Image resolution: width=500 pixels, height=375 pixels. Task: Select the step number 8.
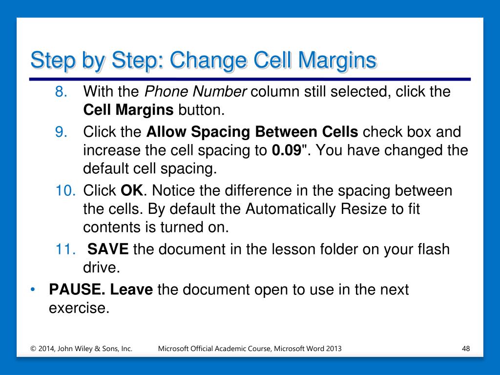click(61, 92)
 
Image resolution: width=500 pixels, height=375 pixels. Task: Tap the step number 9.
click(61, 132)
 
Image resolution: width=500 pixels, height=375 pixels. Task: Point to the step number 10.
click(65, 191)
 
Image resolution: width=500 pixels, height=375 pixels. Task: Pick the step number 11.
click(65, 250)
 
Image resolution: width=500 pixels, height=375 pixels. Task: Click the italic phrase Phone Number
click(195, 92)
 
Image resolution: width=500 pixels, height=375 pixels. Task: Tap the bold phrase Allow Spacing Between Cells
click(252, 132)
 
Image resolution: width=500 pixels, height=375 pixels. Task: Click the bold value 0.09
click(287, 150)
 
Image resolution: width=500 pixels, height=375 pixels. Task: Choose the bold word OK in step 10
click(132, 191)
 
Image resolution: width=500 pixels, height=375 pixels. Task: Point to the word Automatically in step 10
click(291, 209)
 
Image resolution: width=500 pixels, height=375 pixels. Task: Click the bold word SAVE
click(108, 249)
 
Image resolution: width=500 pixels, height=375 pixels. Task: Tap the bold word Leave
click(131, 290)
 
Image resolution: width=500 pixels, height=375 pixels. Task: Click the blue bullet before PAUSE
click(32, 290)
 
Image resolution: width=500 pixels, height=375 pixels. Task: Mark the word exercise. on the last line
click(79, 308)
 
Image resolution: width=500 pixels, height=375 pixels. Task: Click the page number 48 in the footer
click(466, 349)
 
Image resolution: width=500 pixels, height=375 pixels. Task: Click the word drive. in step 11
click(102, 268)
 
